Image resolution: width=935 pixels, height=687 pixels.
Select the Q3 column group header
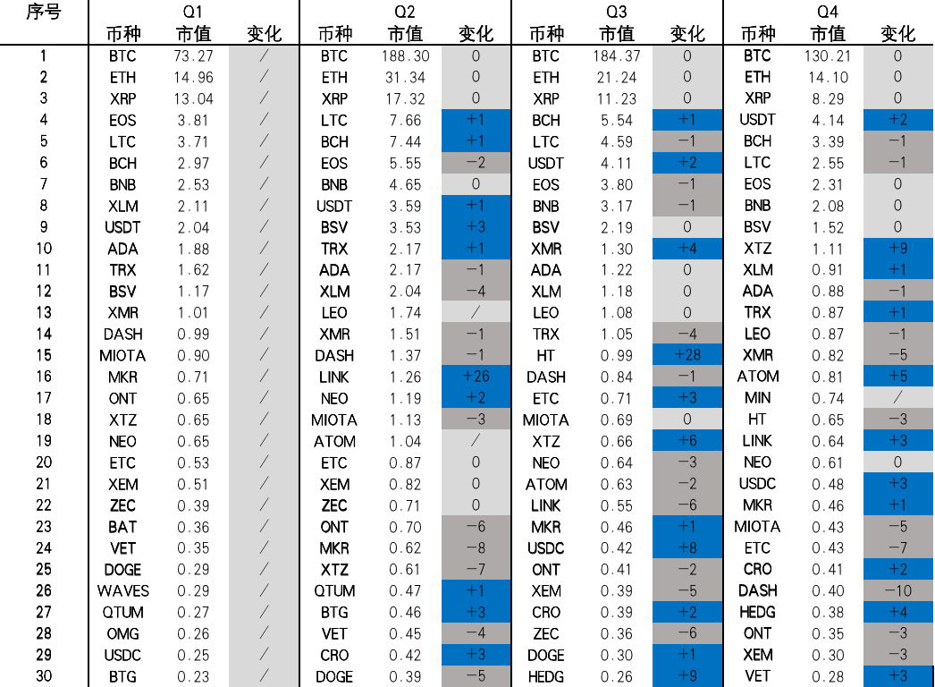616,12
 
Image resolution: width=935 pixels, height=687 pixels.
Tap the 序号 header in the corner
43,12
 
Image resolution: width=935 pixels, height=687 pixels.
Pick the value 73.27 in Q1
193,55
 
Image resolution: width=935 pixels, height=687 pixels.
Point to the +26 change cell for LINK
476,377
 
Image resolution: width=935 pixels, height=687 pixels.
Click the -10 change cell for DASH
897,590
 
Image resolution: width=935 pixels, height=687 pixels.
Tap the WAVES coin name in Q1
123,590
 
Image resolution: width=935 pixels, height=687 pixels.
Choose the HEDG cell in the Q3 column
545,676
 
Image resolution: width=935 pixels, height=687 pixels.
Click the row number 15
43,355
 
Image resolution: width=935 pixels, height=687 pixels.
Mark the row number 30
43,676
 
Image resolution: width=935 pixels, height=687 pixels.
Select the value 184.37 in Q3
616,55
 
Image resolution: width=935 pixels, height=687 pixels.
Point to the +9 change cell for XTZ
897,248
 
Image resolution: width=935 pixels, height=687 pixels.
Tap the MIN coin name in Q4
757,398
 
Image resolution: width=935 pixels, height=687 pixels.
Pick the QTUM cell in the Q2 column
334,590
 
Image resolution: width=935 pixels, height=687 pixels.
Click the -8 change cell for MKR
476,547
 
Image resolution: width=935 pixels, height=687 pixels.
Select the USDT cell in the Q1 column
123,227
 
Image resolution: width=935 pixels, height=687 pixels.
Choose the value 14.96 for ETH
193,77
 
